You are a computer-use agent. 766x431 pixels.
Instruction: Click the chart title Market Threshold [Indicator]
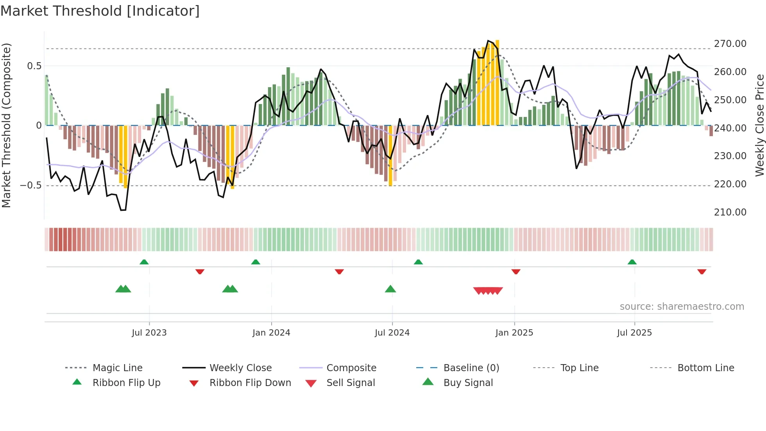[x=100, y=11]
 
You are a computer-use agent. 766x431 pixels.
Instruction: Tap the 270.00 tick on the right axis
[x=730, y=44]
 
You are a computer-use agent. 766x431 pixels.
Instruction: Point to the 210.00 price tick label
[x=730, y=212]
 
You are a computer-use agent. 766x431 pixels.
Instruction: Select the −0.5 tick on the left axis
[x=30, y=185]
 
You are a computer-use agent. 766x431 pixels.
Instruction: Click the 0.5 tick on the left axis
[x=34, y=66]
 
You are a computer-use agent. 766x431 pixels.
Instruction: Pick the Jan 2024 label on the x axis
[x=271, y=333]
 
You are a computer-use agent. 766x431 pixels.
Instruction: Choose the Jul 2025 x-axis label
[x=634, y=333]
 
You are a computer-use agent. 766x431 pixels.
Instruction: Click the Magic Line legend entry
[x=117, y=368]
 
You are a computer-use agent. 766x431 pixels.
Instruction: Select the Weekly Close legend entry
[x=240, y=368]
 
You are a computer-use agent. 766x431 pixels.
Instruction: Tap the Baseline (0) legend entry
[x=471, y=368]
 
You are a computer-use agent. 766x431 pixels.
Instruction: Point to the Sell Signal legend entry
[x=351, y=383]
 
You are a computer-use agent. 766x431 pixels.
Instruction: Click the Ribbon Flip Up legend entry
[x=126, y=383]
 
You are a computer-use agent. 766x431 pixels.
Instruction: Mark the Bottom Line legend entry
[x=705, y=368]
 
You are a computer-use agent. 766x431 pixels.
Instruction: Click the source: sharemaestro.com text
[x=682, y=307]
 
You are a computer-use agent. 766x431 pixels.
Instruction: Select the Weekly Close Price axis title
[x=759, y=125]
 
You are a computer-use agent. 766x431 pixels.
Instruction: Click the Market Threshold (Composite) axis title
[x=6, y=125]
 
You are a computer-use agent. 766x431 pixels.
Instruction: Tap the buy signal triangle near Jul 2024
[x=390, y=289]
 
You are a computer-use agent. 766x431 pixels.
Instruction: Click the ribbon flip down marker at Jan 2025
[x=516, y=271]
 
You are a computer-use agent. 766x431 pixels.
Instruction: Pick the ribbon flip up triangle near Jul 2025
[x=632, y=262]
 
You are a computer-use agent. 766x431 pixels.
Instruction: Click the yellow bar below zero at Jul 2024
[x=390, y=156]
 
